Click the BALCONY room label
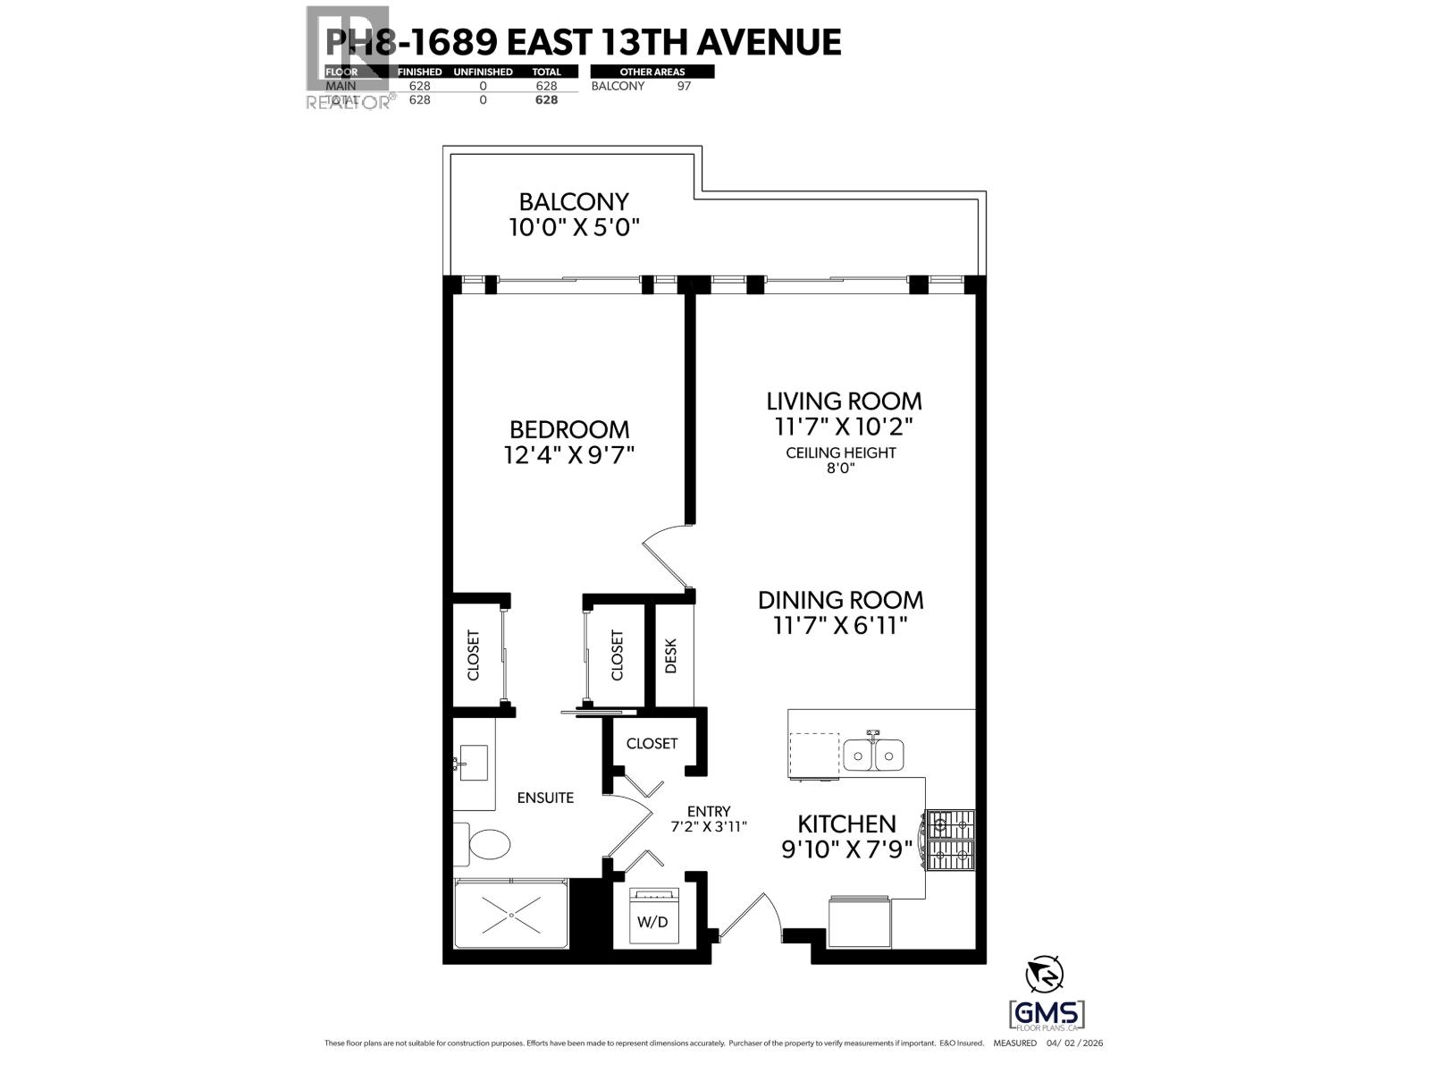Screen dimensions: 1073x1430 point(574,201)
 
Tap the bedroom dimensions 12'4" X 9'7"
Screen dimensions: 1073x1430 point(568,455)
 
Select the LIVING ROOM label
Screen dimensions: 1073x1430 point(844,401)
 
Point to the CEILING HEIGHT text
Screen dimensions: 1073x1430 point(840,452)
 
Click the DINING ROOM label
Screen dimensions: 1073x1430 point(840,599)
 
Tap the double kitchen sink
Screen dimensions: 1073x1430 point(873,756)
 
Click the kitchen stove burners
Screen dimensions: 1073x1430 point(951,841)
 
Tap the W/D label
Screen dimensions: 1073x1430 point(652,922)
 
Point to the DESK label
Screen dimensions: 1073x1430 point(671,655)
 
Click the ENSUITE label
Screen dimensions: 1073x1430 point(545,798)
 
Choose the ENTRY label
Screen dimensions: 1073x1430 point(709,811)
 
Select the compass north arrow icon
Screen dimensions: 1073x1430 point(1046,975)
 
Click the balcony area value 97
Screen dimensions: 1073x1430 point(684,86)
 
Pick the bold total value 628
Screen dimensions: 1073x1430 point(546,100)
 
